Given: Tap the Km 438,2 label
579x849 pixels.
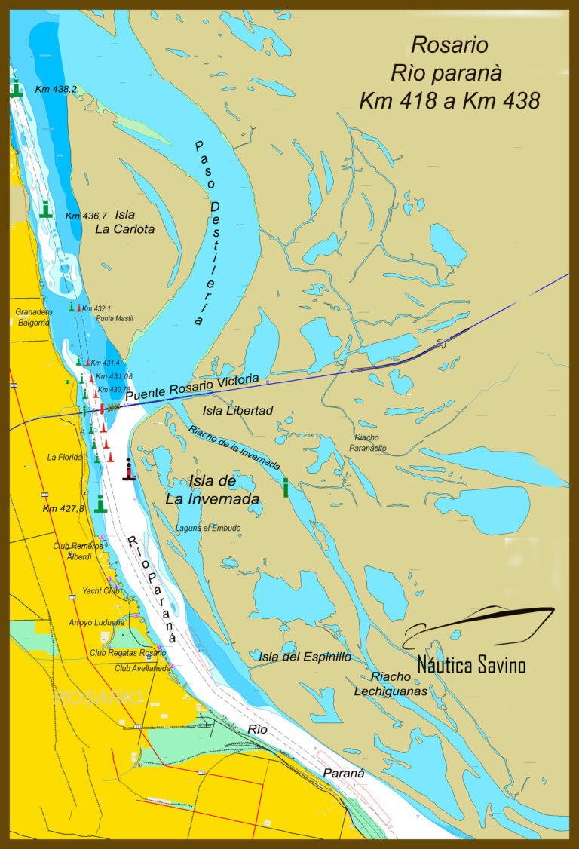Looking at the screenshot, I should [56, 89].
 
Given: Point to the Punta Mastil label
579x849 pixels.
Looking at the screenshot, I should [115, 319].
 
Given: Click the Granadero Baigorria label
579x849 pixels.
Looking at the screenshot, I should [32, 317].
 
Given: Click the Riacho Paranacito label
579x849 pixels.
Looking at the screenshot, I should [369, 442].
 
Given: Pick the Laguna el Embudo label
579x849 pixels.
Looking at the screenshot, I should [208, 528].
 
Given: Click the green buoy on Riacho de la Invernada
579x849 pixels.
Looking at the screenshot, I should [286, 487].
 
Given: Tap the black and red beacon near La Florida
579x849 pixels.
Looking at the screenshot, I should [129, 469].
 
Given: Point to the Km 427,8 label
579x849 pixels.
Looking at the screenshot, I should [63, 508].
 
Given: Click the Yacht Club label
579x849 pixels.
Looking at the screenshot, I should [101, 590].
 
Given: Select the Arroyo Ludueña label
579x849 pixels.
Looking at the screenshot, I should [96, 622].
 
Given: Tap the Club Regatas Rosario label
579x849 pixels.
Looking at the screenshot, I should [127, 652].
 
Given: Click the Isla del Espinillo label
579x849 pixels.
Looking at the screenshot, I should [305, 657].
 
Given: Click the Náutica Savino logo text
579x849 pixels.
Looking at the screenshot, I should [471, 665].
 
